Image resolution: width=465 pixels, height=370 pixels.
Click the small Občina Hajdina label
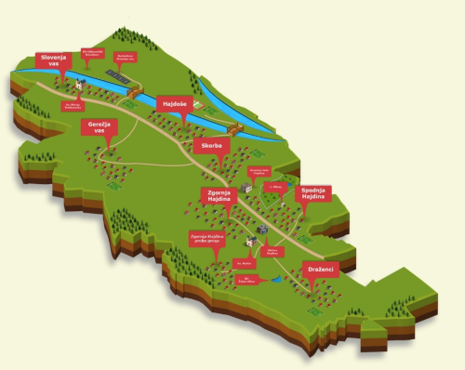[x=272, y=251]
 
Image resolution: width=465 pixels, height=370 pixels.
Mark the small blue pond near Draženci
[x=275, y=278]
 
